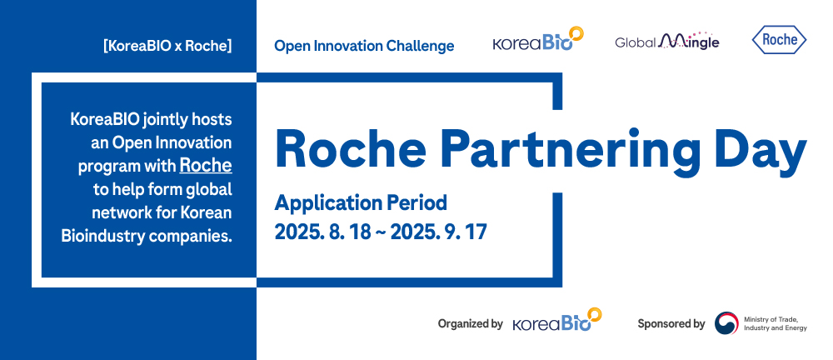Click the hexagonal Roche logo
coord(779,40)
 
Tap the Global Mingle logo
coord(667,41)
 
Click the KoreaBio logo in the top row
coord(538,39)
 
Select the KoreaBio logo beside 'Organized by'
coord(557,320)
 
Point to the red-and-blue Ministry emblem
coord(726,322)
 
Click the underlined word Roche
coord(206,165)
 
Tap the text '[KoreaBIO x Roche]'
coord(168,47)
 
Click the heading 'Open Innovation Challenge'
coord(364,47)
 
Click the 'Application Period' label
coord(361,202)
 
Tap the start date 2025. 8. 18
coord(322,232)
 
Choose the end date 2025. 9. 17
coord(439,232)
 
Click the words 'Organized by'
coord(470,323)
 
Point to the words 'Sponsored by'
coord(671,323)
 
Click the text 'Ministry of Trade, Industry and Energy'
coord(775,323)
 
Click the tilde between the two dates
coord(381,232)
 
